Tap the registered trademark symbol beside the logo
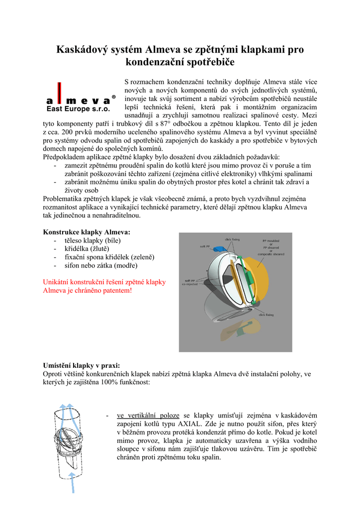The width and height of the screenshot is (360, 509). click(x=114, y=97)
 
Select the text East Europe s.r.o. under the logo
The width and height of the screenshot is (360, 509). click(x=78, y=109)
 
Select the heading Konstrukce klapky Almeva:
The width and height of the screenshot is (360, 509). click(x=87, y=232)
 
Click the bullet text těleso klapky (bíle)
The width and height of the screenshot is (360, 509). click(x=92, y=241)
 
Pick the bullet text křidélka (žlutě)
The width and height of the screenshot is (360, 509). click(x=87, y=249)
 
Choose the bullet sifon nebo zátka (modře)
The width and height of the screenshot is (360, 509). click(x=101, y=265)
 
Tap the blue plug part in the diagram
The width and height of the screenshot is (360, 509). click(x=219, y=249)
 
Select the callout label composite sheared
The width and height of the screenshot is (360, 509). click(x=273, y=254)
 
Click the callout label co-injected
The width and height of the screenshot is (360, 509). click(x=191, y=285)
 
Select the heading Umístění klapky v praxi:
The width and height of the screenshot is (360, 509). click(x=81, y=365)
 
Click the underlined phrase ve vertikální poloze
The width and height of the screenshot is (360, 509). click(x=148, y=415)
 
